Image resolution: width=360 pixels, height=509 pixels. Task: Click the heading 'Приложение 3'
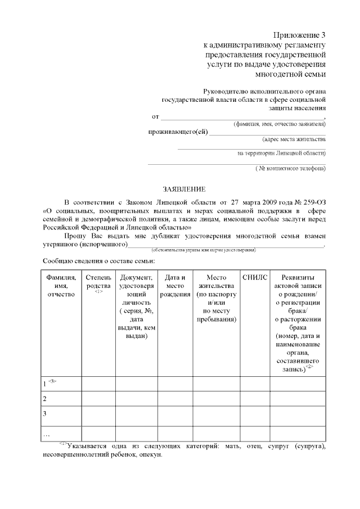(299, 35)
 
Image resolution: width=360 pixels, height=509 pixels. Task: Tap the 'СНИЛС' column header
(254, 277)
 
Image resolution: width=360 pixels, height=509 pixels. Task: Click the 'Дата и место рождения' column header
(175, 286)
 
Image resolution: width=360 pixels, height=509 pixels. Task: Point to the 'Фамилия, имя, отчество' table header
(61, 286)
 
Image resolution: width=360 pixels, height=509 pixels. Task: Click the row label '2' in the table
(45, 399)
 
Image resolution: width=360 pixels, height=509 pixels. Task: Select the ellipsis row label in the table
(47, 435)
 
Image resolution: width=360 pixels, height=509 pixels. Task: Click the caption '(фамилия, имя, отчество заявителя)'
(280, 124)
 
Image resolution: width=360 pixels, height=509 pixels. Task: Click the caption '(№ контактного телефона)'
(290, 168)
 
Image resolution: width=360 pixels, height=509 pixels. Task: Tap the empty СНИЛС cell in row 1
(254, 384)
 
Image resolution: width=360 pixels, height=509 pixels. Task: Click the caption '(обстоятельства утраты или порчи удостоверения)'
(204, 249)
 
